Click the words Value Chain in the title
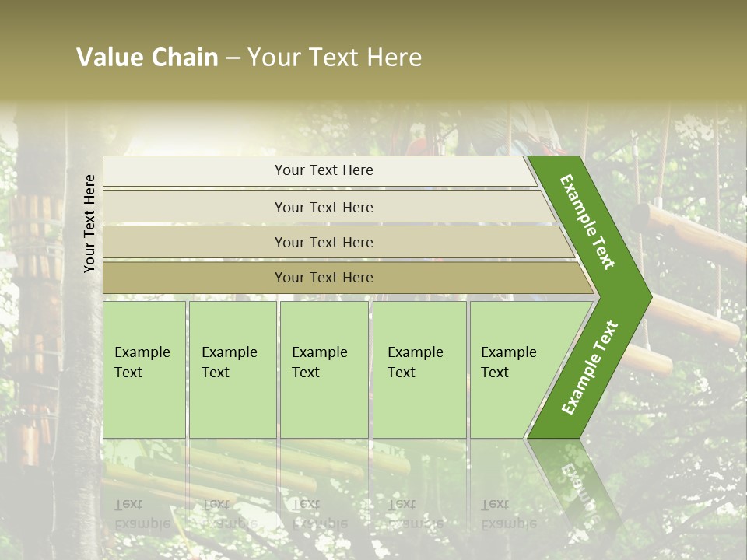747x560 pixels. (x=147, y=58)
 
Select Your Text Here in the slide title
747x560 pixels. (x=335, y=58)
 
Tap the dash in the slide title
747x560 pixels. (x=233, y=58)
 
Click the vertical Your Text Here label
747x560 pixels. (x=89, y=223)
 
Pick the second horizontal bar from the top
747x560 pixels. (x=323, y=207)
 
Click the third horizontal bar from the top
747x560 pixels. (x=323, y=242)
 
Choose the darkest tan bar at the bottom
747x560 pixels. (x=323, y=278)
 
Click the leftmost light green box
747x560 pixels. (x=144, y=369)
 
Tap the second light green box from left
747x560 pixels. (x=233, y=369)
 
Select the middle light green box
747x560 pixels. (x=324, y=369)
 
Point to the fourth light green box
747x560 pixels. (x=419, y=369)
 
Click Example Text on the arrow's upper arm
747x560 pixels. (x=587, y=222)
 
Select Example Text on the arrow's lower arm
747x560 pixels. (x=590, y=367)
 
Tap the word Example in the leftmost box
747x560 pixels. (x=142, y=352)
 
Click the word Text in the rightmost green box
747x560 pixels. (x=495, y=373)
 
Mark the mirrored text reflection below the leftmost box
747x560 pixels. (x=142, y=514)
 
